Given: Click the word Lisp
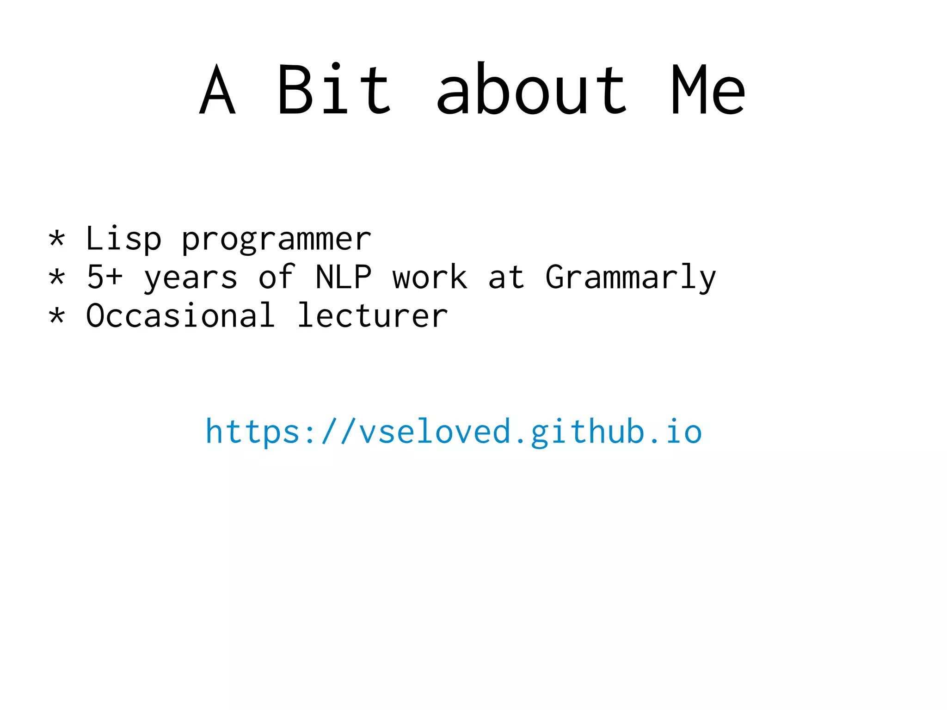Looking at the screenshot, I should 123,239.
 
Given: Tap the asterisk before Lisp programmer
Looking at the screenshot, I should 57,239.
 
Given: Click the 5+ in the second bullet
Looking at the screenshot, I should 105,277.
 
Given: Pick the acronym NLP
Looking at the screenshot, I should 343,277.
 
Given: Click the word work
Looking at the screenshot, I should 430,277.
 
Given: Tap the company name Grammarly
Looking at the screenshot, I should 631,278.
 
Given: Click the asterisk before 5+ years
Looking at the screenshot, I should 57,278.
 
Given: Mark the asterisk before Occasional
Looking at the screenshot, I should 57,316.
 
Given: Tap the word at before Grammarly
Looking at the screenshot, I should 506,278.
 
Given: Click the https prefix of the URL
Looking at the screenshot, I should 252,432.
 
